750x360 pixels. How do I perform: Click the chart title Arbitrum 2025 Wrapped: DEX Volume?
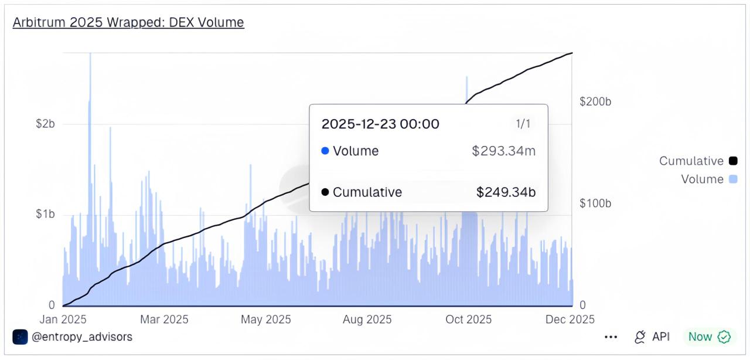click(x=128, y=22)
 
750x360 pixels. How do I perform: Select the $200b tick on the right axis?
click(x=595, y=101)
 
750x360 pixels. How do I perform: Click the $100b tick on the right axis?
click(x=595, y=203)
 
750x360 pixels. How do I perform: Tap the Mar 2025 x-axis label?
click(x=164, y=320)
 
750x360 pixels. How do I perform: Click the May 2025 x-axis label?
click(x=266, y=320)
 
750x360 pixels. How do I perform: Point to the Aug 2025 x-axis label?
click(x=367, y=320)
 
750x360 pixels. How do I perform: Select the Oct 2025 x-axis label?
click(x=469, y=320)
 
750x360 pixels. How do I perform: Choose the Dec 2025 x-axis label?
click(x=570, y=320)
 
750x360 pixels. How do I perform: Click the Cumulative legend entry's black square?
click(x=732, y=161)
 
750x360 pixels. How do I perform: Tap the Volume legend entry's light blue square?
click(x=732, y=179)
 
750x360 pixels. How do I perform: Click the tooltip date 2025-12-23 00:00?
click(x=380, y=124)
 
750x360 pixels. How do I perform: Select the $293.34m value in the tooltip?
click(x=503, y=151)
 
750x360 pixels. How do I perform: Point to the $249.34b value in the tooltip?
click(x=506, y=192)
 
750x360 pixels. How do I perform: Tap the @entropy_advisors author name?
click(x=82, y=337)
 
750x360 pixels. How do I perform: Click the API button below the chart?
click(x=652, y=337)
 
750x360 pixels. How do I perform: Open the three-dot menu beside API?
click(x=611, y=337)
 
